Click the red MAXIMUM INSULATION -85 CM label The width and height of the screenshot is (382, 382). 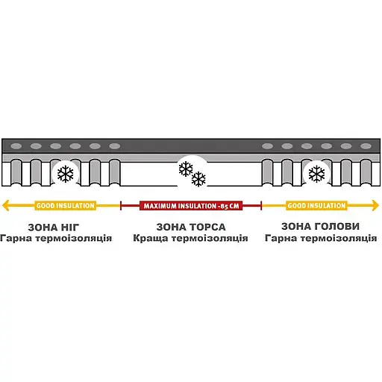coord(191,206)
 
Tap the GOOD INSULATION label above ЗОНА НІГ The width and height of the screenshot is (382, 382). coord(66,206)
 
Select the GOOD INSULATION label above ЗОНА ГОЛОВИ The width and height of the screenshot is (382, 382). coord(316,206)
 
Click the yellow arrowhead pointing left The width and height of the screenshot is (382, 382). coord(5,205)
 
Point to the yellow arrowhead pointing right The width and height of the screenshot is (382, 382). coord(375,205)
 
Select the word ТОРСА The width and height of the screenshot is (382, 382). coord(208,227)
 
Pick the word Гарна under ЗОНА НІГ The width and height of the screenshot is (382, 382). coord(16,238)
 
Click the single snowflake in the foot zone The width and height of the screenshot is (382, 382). coord(66,174)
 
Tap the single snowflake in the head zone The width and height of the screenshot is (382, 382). coord(316,174)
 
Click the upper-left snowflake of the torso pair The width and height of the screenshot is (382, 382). coord(186,169)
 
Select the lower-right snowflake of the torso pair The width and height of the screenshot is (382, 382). coord(198,179)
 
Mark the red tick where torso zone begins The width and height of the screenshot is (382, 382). coord(121,206)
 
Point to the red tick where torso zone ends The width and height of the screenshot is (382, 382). coord(261,206)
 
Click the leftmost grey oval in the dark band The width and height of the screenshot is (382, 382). coord(16,146)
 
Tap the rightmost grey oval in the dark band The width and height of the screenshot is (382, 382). coord(366,146)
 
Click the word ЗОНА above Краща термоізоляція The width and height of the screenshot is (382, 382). coord(172,227)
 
